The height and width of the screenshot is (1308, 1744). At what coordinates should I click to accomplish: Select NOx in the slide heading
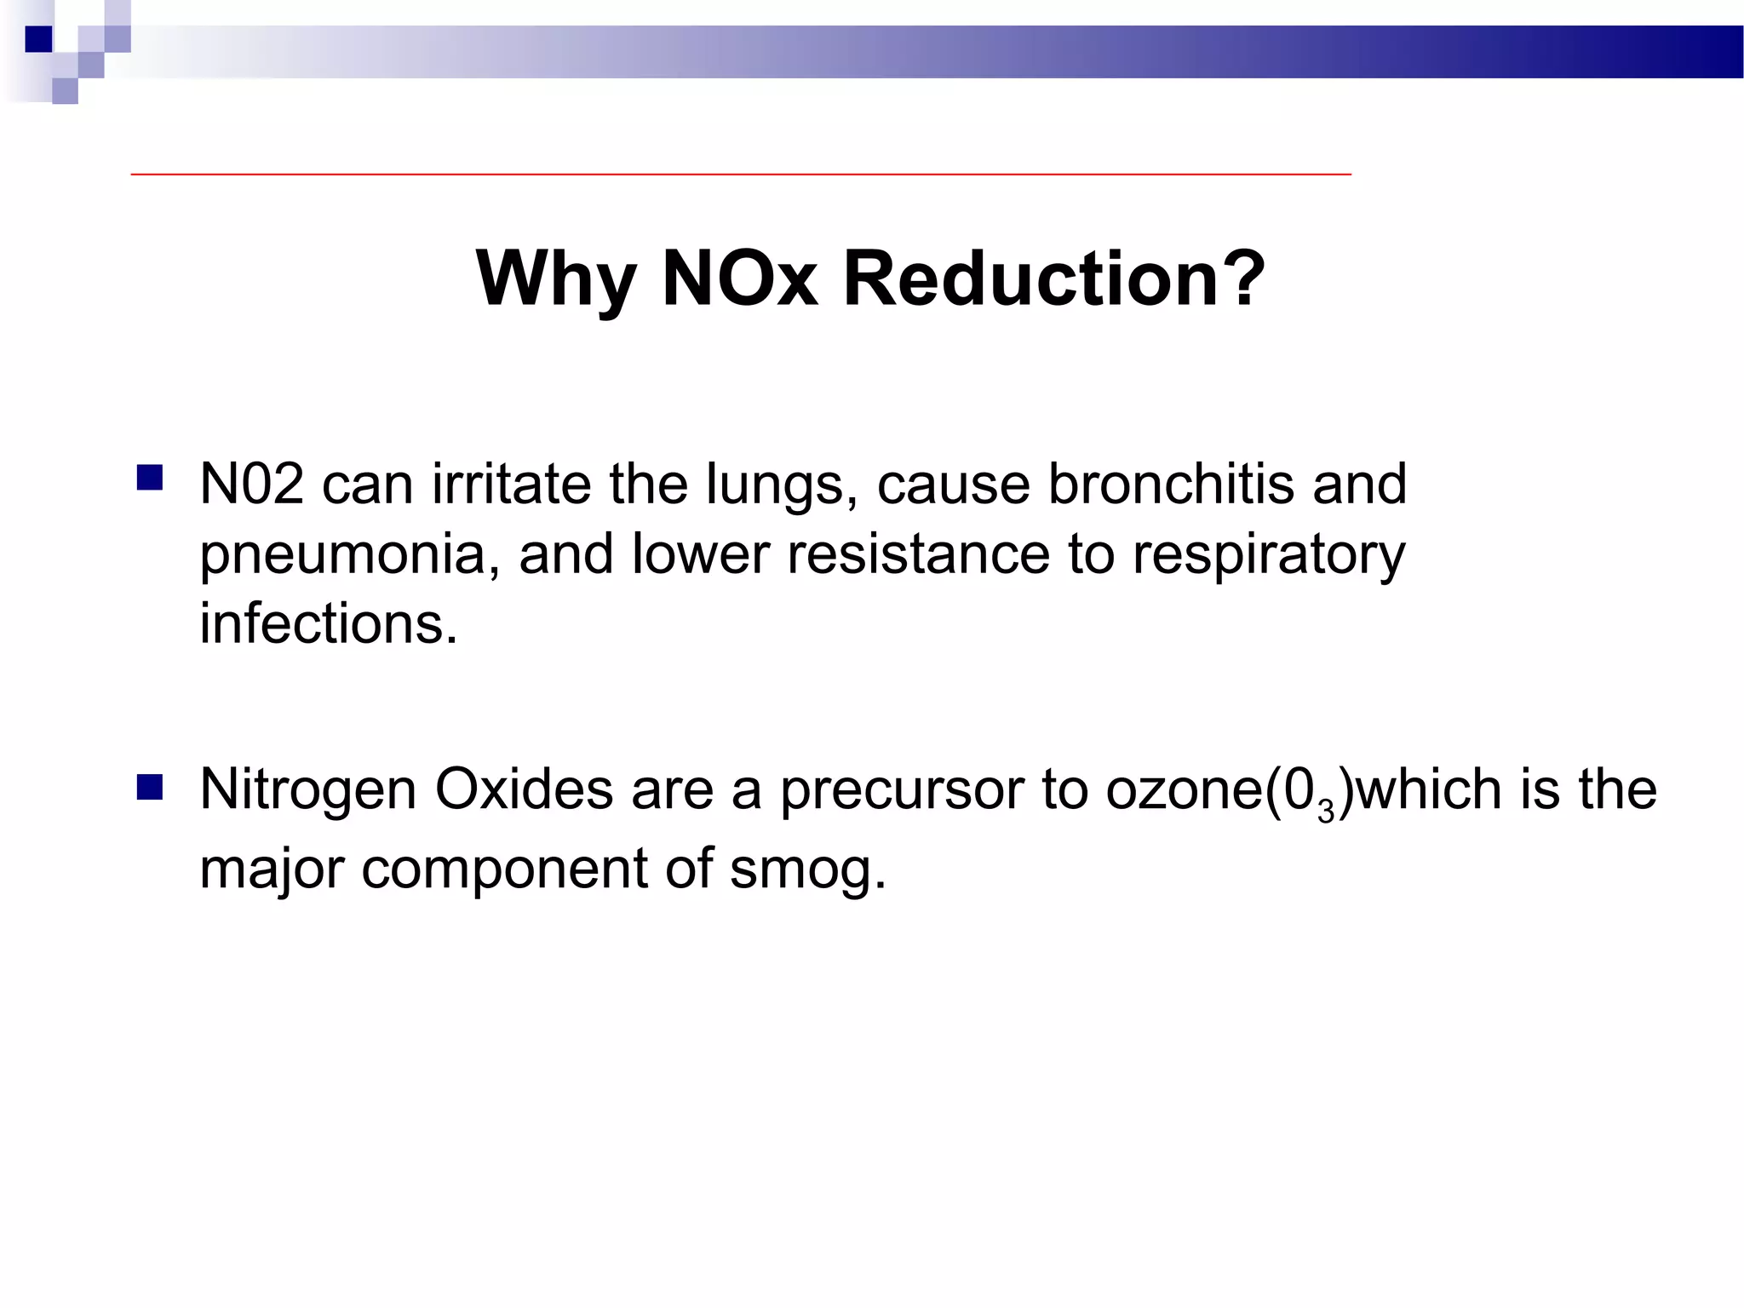pos(739,279)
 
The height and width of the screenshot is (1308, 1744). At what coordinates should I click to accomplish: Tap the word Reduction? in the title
pos(1054,279)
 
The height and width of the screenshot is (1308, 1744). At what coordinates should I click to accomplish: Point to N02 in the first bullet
pos(251,484)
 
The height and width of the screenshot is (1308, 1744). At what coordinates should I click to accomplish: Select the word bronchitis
pos(1170,484)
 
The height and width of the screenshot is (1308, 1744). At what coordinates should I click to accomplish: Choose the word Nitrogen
pos(308,789)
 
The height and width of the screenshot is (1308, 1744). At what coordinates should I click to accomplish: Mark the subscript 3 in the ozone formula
pos(1325,812)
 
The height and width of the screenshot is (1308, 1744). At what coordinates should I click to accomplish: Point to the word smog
pos(807,869)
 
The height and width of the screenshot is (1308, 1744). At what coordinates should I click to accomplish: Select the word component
pos(504,869)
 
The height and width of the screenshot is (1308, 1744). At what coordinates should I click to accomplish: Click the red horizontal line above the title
pos(741,174)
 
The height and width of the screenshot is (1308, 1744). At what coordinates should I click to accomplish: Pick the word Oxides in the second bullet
pos(524,789)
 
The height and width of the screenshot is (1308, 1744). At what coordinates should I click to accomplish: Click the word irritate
pos(511,484)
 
